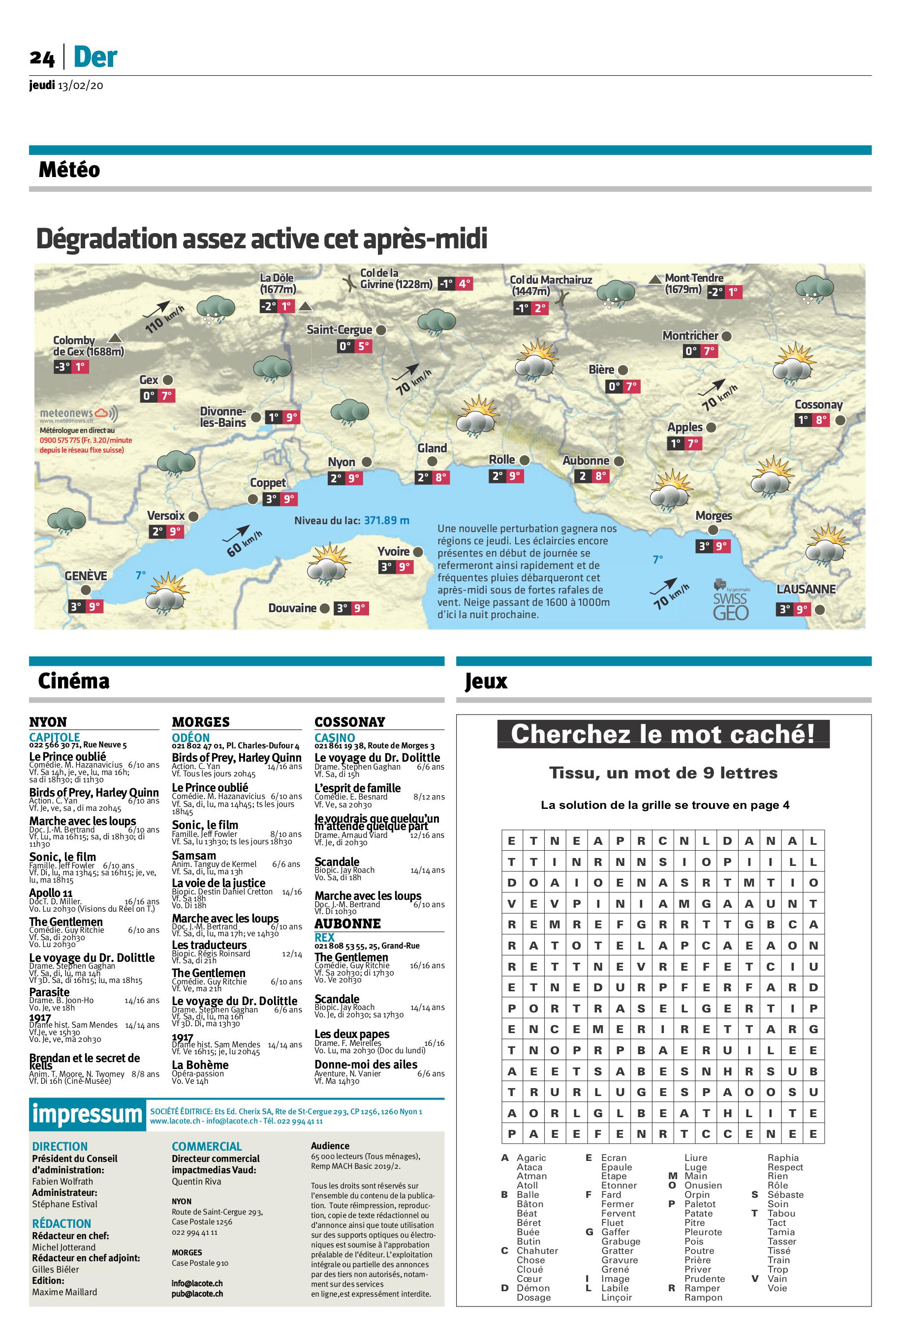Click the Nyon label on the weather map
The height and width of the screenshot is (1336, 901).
(342, 462)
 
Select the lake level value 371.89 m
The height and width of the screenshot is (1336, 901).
(386, 520)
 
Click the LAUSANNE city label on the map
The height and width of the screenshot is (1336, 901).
(806, 589)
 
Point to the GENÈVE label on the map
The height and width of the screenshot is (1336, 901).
(86, 575)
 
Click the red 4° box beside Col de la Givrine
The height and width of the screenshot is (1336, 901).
(464, 284)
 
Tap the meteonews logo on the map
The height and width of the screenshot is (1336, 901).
(79, 414)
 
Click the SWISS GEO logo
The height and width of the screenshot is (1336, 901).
(731, 603)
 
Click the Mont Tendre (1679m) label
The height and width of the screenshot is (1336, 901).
(693, 284)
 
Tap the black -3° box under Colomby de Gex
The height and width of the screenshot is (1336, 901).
(62, 367)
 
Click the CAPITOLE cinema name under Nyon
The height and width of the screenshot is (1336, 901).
(54, 737)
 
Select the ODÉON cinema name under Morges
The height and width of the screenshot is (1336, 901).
(191, 737)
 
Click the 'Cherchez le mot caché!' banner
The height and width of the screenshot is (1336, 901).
(663, 734)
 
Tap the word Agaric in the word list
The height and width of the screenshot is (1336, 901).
(531, 1158)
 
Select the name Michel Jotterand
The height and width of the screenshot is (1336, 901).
(64, 1247)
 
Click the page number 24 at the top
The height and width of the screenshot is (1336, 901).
(42, 58)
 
